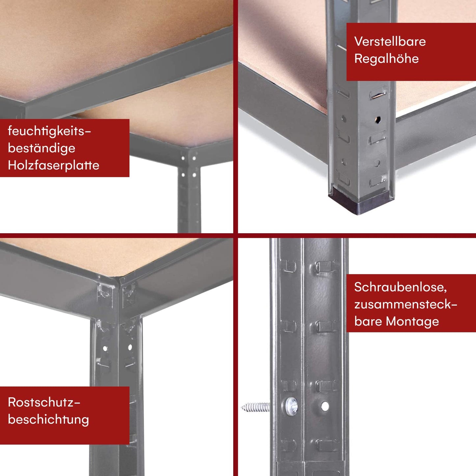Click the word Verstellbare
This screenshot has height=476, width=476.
(x=390, y=42)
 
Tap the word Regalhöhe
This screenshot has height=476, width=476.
(x=386, y=59)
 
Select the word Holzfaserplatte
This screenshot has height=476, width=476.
(x=53, y=165)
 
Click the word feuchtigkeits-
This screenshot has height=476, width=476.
(x=49, y=131)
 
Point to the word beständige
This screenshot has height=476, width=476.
(x=42, y=148)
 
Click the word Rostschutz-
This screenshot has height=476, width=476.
(x=44, y=403)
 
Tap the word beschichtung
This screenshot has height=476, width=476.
(x=48, y=420)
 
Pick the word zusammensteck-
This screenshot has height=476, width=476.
(x=406, y=304)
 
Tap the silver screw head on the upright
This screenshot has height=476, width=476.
(x=292, y=406)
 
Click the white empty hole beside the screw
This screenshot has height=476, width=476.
(x=325, y=406)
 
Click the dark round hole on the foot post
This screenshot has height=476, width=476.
(x=378, y=119)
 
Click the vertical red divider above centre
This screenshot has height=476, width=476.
(x=236, y=115)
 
